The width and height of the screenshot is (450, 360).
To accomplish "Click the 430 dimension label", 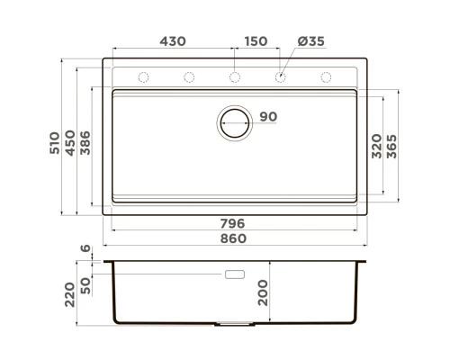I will coord(173,41).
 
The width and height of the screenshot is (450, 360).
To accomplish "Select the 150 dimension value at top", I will coord(256,41).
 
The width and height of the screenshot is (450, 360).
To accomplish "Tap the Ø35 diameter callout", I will coord(310,41).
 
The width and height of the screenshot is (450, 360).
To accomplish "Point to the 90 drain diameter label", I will coord(268,117).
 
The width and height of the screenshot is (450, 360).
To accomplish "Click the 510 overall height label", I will coord(55,139).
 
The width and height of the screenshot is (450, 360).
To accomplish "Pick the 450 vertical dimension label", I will coord(70,139).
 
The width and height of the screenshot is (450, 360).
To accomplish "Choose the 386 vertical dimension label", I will coord(85,139).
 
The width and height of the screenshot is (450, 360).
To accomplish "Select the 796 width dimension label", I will coord(233,223).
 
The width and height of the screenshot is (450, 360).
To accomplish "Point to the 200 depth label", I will coord(263,293).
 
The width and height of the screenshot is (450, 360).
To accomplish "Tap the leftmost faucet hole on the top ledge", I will coord(143,77).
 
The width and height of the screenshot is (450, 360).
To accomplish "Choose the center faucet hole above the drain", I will coord(234,77).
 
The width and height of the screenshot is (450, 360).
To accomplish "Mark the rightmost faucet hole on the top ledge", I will coord(325,77).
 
